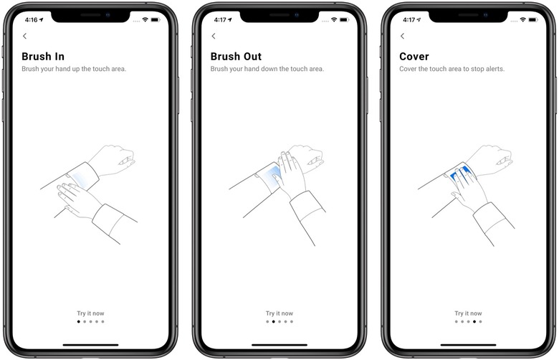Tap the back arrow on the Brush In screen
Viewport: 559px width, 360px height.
(24, 36)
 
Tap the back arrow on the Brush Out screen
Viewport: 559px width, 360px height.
(214, 36)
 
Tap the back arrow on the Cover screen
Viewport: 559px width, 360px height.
(403, 36)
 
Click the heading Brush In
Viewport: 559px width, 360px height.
(43, 57)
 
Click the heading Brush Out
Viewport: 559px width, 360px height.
(236, 57)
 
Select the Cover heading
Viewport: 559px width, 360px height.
(414, 57)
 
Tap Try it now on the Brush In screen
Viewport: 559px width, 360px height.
(90, 313)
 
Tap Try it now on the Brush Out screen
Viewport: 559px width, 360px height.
(279, 313)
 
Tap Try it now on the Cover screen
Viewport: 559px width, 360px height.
(468, 313)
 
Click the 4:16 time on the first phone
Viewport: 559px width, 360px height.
(31, 20)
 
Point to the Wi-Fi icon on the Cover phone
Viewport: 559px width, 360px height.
(522, 19)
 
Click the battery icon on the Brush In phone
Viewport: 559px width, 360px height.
(156, 19)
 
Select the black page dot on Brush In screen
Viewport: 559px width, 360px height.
(79, 322)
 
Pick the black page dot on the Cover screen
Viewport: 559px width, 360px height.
(474, 322)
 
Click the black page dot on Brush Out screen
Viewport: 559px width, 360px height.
(274, 322)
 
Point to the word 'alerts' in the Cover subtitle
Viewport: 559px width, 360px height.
(494, 69)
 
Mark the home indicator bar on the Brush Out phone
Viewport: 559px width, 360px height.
(279, 345)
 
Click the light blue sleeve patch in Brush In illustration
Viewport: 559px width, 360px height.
(80, 179)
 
